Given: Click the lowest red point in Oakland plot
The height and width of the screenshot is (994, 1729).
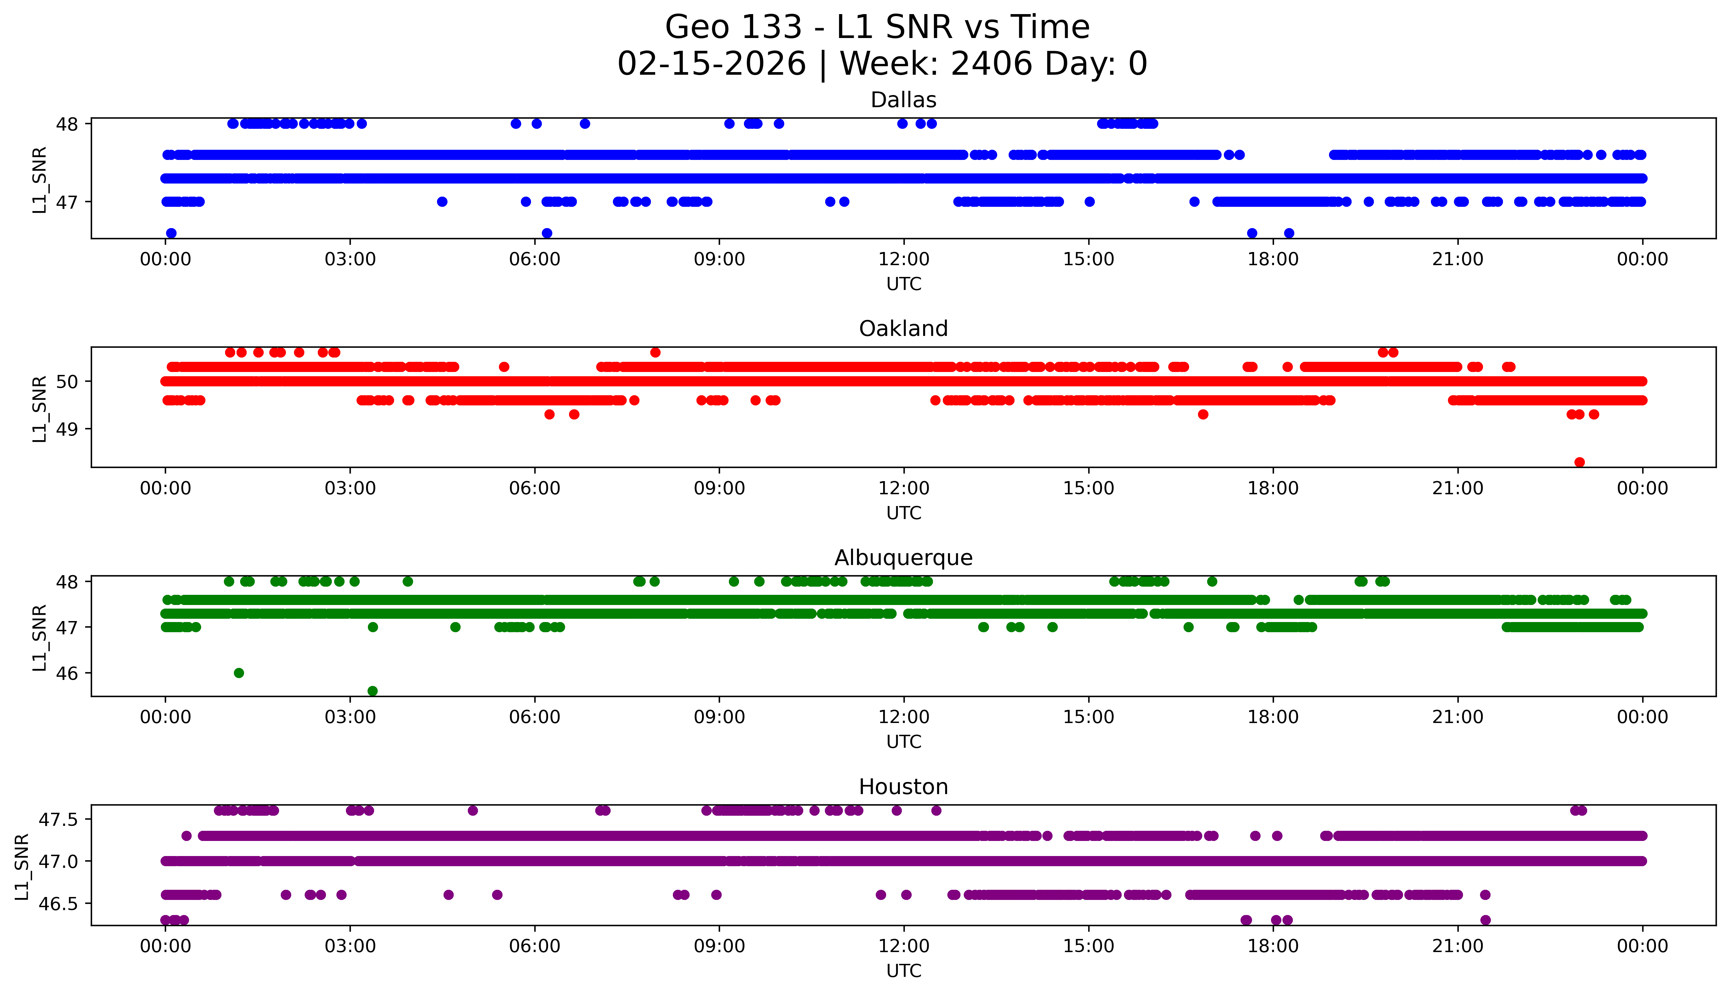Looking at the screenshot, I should (1579, 462).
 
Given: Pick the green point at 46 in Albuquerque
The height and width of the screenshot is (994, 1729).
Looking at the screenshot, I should (239, 673).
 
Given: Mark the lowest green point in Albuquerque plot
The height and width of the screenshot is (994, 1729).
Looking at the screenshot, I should (372, 691).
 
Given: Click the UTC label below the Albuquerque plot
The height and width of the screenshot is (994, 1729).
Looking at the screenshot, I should (903, 742).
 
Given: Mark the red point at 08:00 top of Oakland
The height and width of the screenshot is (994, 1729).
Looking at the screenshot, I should (655, 352).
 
